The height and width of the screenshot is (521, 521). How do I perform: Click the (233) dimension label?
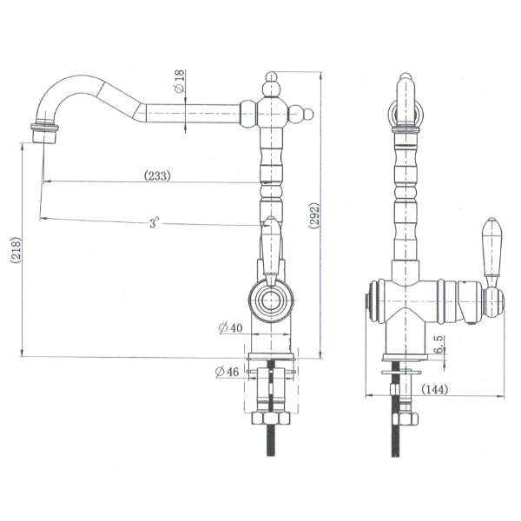(156, 175)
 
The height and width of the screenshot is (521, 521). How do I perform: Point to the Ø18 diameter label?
(180, 84)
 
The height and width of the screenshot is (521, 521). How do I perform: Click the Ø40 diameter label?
(230, 327)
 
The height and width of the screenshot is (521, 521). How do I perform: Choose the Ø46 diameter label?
(226, 373)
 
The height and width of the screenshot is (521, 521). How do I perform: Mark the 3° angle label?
(154, 223)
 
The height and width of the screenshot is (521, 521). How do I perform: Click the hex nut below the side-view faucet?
(271, 418)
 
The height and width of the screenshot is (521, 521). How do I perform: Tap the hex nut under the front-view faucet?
(405, 419)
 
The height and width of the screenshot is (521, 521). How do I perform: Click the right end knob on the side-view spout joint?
(306, 113)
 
